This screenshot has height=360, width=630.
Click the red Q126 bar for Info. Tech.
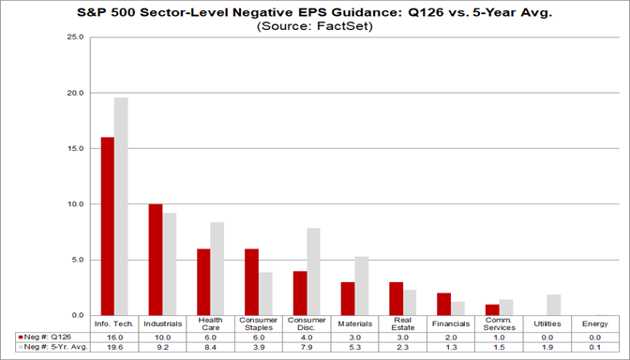pos(108,226)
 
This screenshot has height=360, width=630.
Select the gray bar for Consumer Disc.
pos(314,271)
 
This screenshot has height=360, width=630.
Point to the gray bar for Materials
pos(362,286)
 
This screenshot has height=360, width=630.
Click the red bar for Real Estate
pos(397,298)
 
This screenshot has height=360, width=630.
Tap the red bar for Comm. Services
pos(492,309)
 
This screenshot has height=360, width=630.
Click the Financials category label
pos(451,324)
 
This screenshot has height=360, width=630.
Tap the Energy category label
pos(595,324)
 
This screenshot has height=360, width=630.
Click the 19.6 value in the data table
pos(114,346)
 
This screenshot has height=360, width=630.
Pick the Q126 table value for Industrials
pos(162,336)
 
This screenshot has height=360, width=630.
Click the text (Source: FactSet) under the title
pos(314,27)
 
